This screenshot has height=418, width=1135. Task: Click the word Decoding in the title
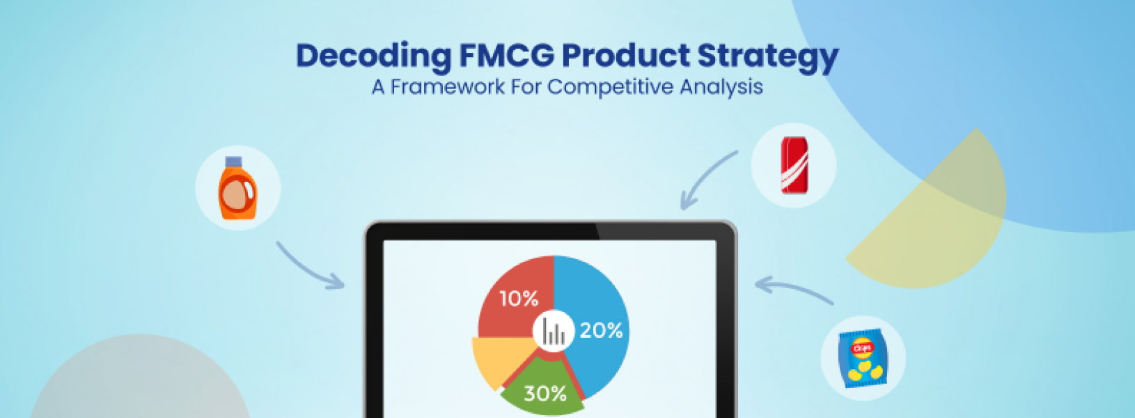click(x=373, y=56)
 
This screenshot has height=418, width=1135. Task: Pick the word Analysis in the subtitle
click(x=721, y=87)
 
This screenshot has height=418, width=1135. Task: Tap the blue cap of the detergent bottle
click(x=234, y=162)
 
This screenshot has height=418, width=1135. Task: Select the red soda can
click(x=793, y=164)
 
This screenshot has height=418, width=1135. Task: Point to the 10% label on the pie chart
click(x=519, y=299)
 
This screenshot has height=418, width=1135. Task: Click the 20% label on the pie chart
click(x=601, y=330)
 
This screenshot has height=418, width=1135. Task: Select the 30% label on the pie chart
click(x=545, y=394)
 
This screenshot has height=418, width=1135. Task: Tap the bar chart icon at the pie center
click(x=554, y=332)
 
